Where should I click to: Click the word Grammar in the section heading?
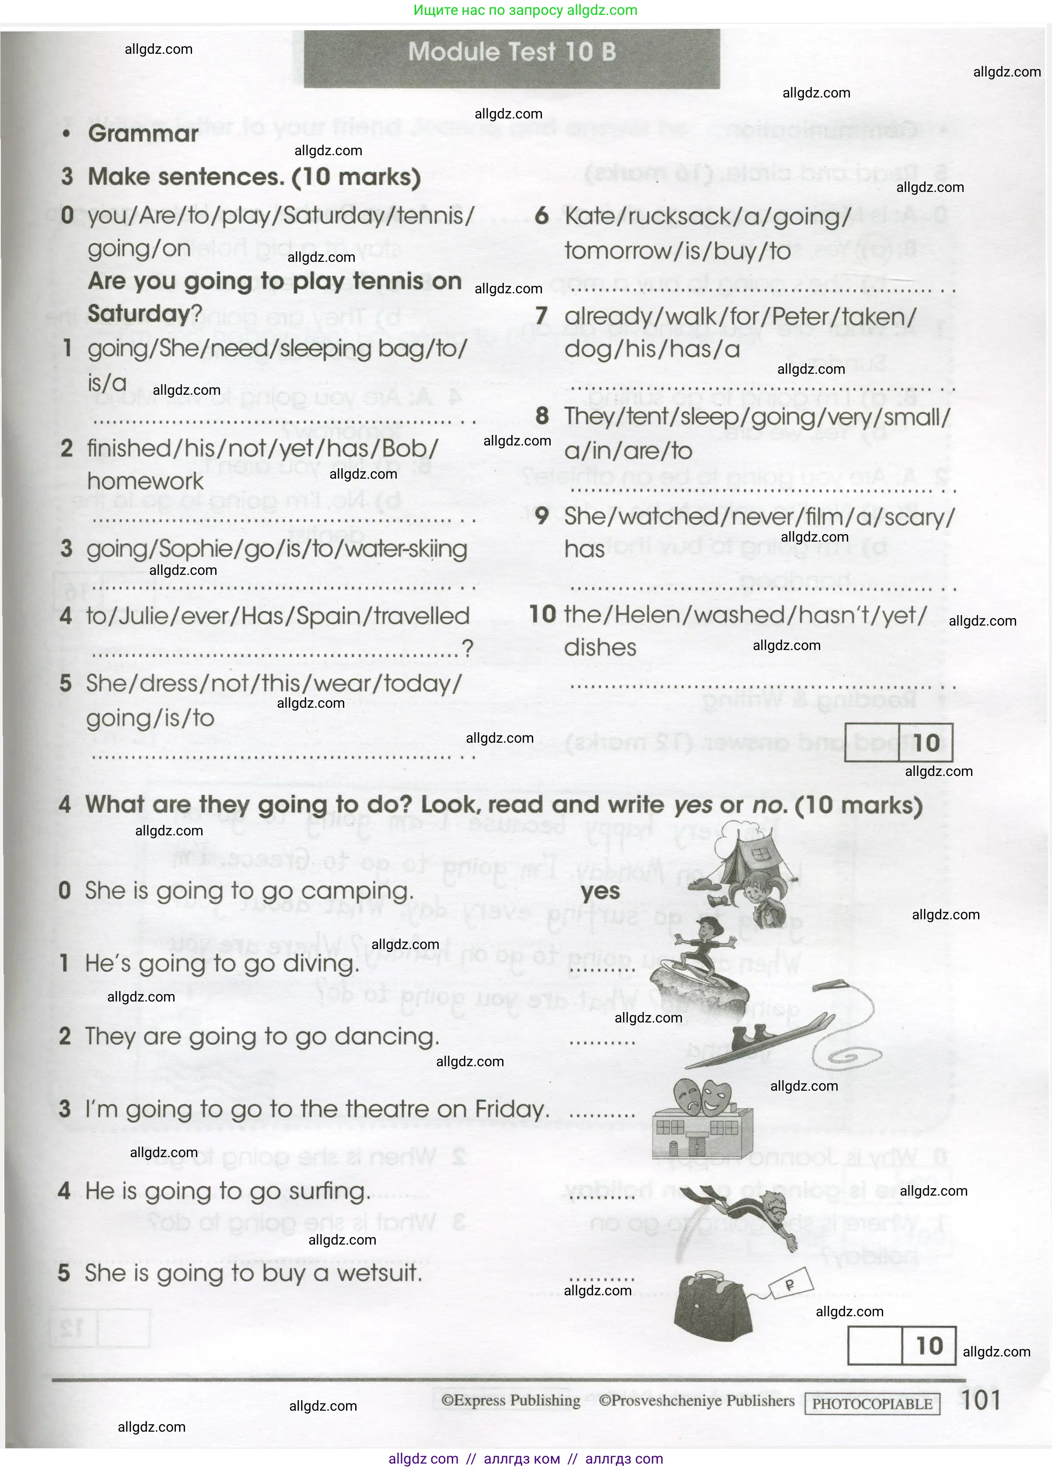click(x=143, y=133)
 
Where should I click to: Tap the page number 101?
click(x=981, y=1400)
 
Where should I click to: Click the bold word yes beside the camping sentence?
click(x=600, y=891)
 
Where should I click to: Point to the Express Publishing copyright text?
click(x=510, y=1401)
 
